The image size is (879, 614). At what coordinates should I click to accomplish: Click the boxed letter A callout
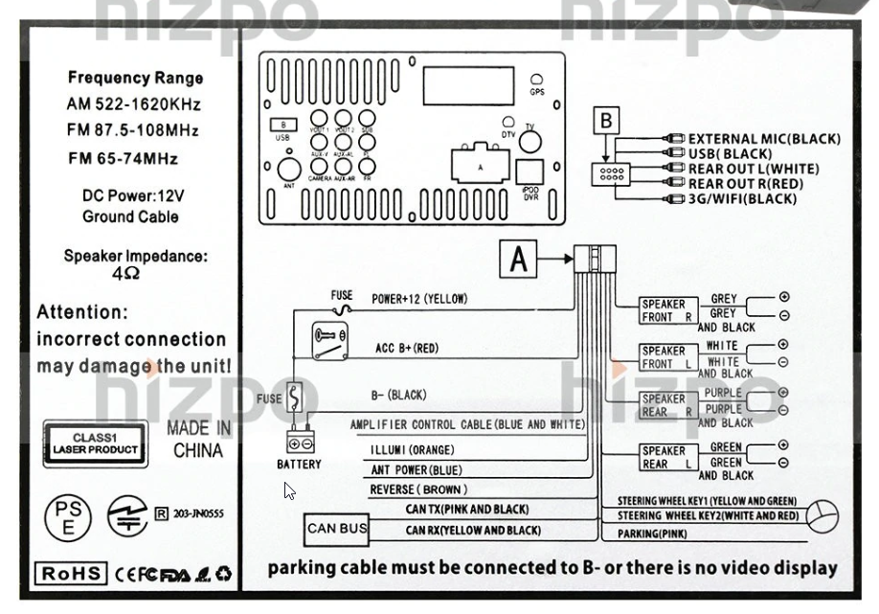(518, 258)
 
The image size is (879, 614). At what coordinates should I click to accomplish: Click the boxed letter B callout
(605, 122)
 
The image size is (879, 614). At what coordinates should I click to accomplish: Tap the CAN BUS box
(335, 528)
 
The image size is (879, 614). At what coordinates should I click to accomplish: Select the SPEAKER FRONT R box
(665, 310)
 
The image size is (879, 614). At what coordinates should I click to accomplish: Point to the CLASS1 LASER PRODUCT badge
(96, 443)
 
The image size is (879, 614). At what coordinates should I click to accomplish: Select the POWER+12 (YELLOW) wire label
(419, 299)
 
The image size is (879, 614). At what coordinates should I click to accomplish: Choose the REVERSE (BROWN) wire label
(417, 489)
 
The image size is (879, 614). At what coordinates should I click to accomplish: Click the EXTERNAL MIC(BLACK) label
(763, 139)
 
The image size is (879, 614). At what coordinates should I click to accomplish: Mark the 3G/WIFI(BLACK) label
(742, 199)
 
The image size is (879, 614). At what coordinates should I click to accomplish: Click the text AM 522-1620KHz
(134, 103)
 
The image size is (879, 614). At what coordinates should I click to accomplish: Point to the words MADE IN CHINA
(198, 439)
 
